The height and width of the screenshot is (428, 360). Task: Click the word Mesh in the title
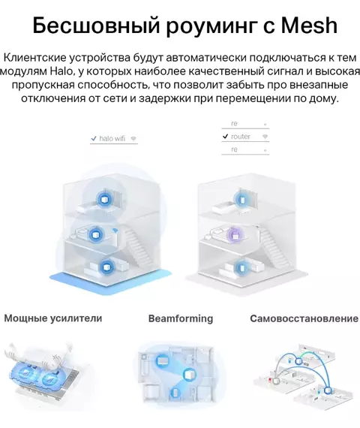click(x=310, y=25)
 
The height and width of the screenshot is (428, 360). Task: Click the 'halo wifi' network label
click(x=112, y=138)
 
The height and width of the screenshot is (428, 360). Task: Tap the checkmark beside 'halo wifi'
click(x=94, y=139)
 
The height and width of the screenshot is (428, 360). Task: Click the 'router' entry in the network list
click(x=240, y=137)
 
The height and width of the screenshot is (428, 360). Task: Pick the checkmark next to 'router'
click(x=225, y=136)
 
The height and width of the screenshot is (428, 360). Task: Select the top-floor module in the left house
click(x=104, y=199)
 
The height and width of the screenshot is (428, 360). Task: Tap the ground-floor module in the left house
click(x=106, y=267)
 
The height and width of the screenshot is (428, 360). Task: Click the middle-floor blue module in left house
click(x=96, y=235)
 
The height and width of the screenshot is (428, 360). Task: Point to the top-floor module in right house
click(x=241, y=199)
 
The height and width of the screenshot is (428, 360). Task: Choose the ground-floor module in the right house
click(x=241, y=267)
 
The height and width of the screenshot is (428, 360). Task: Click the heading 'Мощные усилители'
click(x=53, y=318)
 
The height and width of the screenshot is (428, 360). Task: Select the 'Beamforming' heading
click(x=181, y=318)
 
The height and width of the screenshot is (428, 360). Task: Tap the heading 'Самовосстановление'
click(x=304, y=318)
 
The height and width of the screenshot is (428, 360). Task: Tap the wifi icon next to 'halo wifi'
click(x=133, y=139)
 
